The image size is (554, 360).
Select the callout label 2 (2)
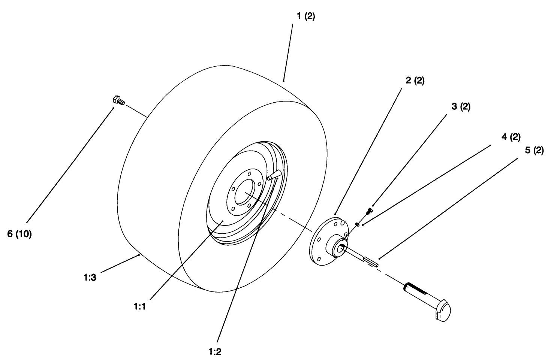[415, 81]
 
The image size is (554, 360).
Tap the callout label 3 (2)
[461, 107]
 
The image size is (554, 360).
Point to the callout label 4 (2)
[511, 137]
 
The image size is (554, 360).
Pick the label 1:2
[215, 352]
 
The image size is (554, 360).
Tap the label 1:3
[90, 278]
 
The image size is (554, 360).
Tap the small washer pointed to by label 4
[358, 224]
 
